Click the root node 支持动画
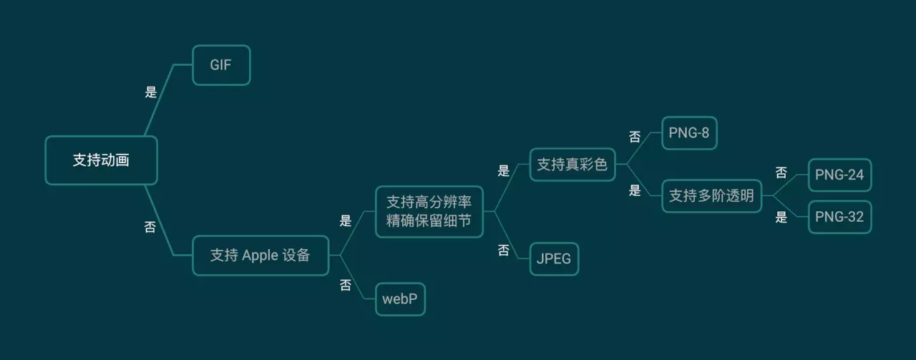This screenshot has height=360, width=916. pos(101,160)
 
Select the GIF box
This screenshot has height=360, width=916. pos(221,64)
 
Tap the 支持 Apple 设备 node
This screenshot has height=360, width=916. pos(260,255)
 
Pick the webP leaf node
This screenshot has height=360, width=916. pos(400,298)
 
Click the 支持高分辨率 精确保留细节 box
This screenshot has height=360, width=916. pos(429,211)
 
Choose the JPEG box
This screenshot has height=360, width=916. pos(554,258)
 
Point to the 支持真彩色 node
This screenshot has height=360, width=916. pos(572,165)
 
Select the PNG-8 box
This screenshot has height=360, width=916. pos(688,133)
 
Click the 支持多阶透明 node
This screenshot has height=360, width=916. pos(711,195)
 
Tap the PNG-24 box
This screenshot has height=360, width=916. pos(839,175)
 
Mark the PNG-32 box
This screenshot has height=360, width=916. pos(839,217)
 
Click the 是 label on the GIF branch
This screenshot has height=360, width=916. pos(151,92)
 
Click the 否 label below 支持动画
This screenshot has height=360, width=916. pos(150,228)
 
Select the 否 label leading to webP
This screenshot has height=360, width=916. pos(346,285)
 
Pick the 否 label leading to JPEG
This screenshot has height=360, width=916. pos(504,250)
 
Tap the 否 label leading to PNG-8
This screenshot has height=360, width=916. pos(635,137)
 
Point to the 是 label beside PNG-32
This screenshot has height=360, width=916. pos(781,218)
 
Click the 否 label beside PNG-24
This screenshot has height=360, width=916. pos(781,172)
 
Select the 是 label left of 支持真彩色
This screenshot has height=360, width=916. pos(504,170)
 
